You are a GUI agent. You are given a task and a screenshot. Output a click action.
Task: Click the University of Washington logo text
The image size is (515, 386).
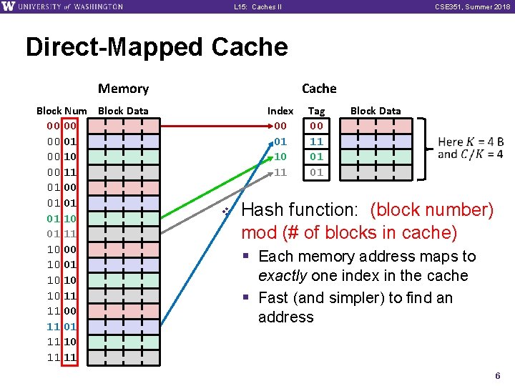(68, 7)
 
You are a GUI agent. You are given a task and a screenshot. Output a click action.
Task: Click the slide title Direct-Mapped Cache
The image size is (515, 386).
(157, 47)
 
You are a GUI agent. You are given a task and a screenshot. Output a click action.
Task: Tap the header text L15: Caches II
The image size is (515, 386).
(257, 7)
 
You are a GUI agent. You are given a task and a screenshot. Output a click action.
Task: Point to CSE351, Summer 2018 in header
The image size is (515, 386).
(478, 7)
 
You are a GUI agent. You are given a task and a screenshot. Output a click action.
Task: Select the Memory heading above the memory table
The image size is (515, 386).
(123, 89)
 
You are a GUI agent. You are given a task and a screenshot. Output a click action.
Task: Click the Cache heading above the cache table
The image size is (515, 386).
(319, 89)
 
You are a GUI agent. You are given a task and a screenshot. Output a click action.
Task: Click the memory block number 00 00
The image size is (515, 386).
(62, 126)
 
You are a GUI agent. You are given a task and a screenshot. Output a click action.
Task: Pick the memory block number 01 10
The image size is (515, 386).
(62, 218)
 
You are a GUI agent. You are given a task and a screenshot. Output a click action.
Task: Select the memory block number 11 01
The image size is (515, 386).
(62, 326)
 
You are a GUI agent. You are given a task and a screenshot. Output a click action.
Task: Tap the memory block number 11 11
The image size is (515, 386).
(62, 357)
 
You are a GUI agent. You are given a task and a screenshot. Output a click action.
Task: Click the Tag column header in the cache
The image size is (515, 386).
(316, 111)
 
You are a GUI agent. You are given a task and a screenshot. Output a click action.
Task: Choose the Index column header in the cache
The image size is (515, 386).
(280, 111)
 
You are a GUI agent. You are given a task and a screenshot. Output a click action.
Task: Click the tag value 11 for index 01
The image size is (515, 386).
(316, 142)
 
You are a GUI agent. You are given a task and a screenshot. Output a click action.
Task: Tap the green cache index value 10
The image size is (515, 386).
(280, 157)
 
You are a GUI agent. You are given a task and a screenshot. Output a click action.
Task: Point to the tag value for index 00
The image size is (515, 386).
(316, 126)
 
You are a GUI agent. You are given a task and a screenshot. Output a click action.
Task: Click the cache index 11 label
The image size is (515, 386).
(280, 172)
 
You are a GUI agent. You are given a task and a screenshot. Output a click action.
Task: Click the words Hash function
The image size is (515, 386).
(303, 210)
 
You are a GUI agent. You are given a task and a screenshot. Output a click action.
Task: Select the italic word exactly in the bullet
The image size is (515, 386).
(283, 276)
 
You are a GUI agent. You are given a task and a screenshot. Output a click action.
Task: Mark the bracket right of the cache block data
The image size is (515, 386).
(426, 149)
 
